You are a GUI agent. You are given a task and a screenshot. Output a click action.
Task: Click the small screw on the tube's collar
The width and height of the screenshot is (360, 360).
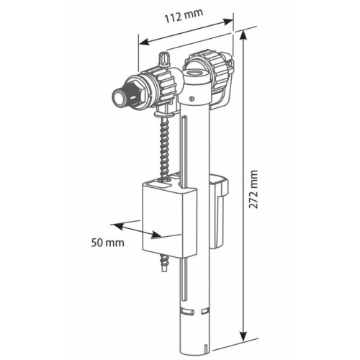192,99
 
